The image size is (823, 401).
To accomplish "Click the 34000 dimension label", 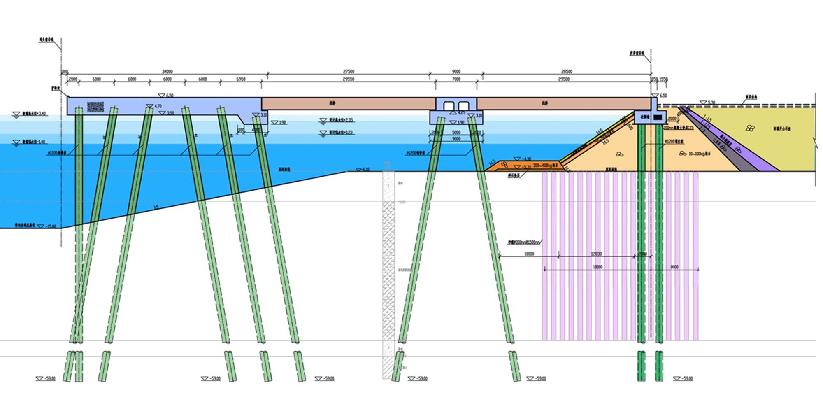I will tap(167, 72).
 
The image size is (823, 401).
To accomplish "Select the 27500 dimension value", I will tap(349, 72).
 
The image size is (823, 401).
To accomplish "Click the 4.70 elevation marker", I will tap(158, 106).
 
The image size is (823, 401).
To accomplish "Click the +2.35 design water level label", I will tap(341, 120).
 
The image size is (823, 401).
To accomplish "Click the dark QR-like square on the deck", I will tap(95, 107).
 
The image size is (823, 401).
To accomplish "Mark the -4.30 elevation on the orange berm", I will tap(526, 159).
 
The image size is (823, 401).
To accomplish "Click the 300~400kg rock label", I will tap(545, 165).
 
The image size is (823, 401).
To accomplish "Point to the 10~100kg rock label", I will tap(700, 154).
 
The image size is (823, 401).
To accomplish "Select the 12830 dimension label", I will tap(596, 254).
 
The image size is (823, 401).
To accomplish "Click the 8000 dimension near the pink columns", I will tap(674, 267).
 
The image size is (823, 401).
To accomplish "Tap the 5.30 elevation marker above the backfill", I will tap(711, 103).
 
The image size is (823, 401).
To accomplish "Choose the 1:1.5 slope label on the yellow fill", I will tap(707, 119).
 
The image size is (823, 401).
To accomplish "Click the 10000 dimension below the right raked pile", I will tap(529, 254).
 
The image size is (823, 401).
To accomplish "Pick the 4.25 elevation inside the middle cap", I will tap(461, 112).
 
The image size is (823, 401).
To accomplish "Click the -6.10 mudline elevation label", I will tap(365, 170).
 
